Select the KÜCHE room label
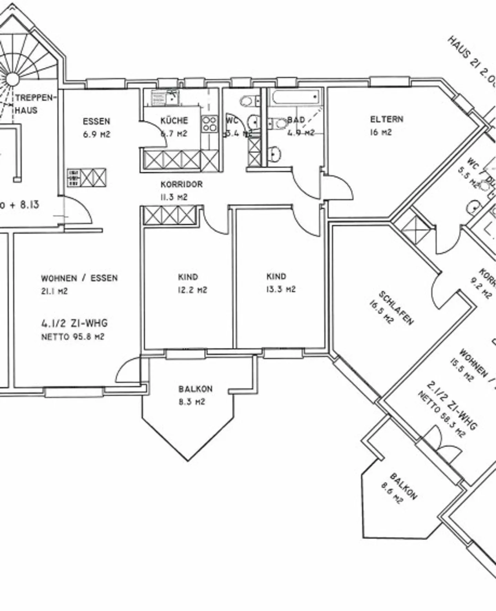(x=174, y=121)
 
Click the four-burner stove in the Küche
(x=209, y=124)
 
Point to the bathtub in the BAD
(x=296, y=97)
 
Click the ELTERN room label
(x=386, y=120)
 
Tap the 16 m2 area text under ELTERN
(x=381, y=132)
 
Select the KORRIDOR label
(x=182, y=184)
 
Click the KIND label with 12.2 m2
(x=188, y=277)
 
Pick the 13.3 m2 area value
(x=281, y=289)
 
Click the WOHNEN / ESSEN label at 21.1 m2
(x=79, y=278)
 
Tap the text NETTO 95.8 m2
(x=72, y=337)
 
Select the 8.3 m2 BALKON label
(x=195, y=389)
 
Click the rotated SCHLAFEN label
(x=396, y=308)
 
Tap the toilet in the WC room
(x=247, y=101)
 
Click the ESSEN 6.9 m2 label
(x=96, y=122)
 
